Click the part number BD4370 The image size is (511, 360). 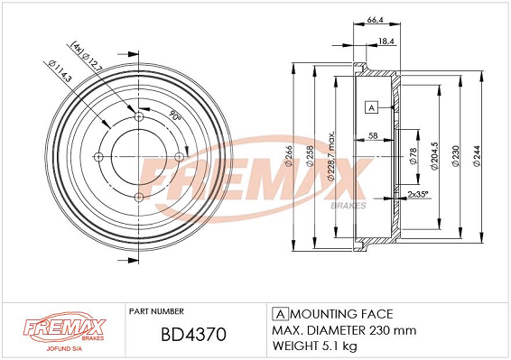[x=193, y=334]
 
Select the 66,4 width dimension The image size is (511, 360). [x=375, y=20]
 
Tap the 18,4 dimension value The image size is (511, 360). [x=386, y=41]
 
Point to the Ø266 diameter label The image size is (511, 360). [x=289, y=156]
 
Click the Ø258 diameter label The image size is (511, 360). [x=310, y=156]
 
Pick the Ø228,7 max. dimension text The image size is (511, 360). [x=330, y=156]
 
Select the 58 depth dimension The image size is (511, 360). [x=373, y=135]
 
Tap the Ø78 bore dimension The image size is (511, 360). [x=413, y=156]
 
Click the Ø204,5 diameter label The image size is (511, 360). [x=434, y=156]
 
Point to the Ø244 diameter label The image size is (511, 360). [x=477, y=156]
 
